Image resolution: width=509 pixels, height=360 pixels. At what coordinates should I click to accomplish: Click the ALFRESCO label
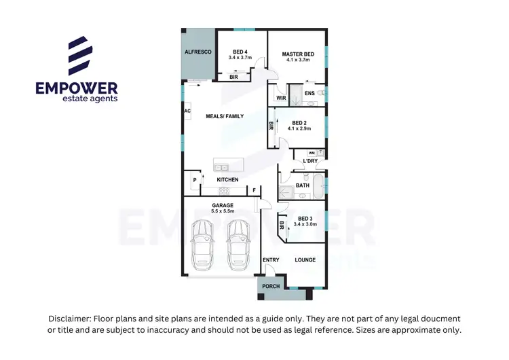(x=198, y=52)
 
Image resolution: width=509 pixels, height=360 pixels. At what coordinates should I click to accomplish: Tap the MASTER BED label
(x=298, y=54)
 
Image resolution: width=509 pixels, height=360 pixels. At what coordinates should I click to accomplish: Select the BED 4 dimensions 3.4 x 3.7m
(x=240, y=58)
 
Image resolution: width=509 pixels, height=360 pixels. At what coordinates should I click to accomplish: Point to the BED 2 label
(x=299, y=122)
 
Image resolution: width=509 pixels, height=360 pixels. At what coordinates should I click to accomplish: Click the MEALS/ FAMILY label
(x=225, y=116)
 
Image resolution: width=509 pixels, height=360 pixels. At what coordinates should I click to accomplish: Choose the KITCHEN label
(x=227, y=179)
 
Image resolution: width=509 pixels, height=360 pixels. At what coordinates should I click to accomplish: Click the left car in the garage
(x=202, y=244)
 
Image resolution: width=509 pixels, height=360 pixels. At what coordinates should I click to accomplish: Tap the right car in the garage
(x=238, y=244)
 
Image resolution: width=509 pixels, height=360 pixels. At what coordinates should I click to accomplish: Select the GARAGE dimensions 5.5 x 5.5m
(x=223, y=211)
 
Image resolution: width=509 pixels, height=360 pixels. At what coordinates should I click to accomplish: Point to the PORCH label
(x=271, y=286)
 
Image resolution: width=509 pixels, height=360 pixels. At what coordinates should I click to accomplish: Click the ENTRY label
(x=271, y=260)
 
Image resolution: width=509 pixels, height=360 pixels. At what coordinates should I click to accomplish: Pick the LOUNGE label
(x=305, y=260)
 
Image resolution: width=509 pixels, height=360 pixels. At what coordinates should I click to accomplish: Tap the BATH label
(x=302, y=185)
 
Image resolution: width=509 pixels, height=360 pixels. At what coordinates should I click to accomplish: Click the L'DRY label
(x=310, y=161)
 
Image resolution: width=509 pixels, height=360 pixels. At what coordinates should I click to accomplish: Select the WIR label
(x=281, y=98)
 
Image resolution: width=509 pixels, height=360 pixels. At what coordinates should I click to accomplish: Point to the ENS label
(x=309, y=93)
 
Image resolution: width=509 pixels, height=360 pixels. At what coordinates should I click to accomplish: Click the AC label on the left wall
(x=187, y=111)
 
